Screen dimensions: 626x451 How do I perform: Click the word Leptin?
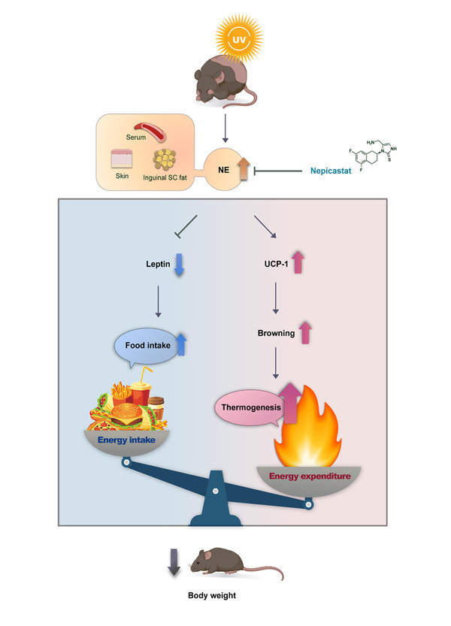coord(160,265)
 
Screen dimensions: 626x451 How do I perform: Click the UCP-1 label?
coord(268,265)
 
